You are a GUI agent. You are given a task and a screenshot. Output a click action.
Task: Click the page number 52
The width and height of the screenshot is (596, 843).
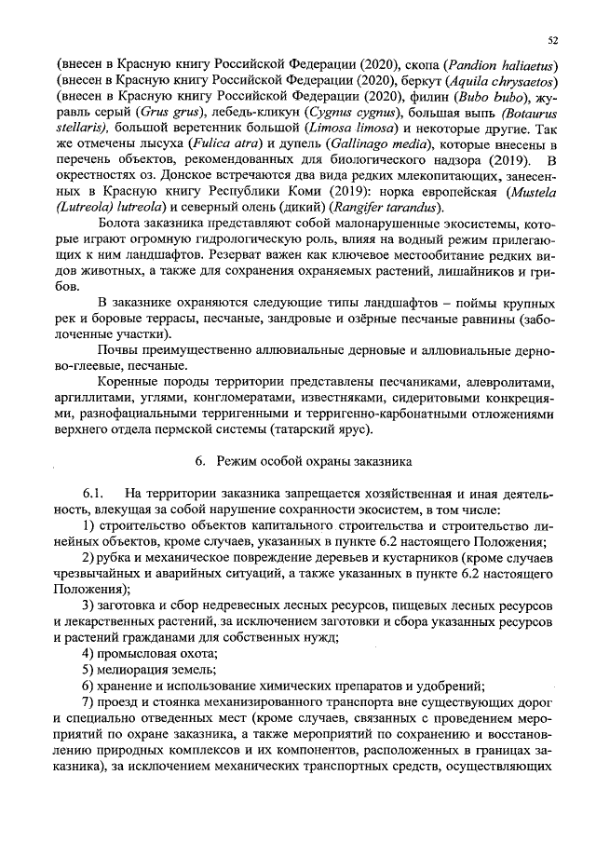click(552, 41)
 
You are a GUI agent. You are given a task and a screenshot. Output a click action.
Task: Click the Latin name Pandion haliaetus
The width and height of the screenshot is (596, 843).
click(501, 65)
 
